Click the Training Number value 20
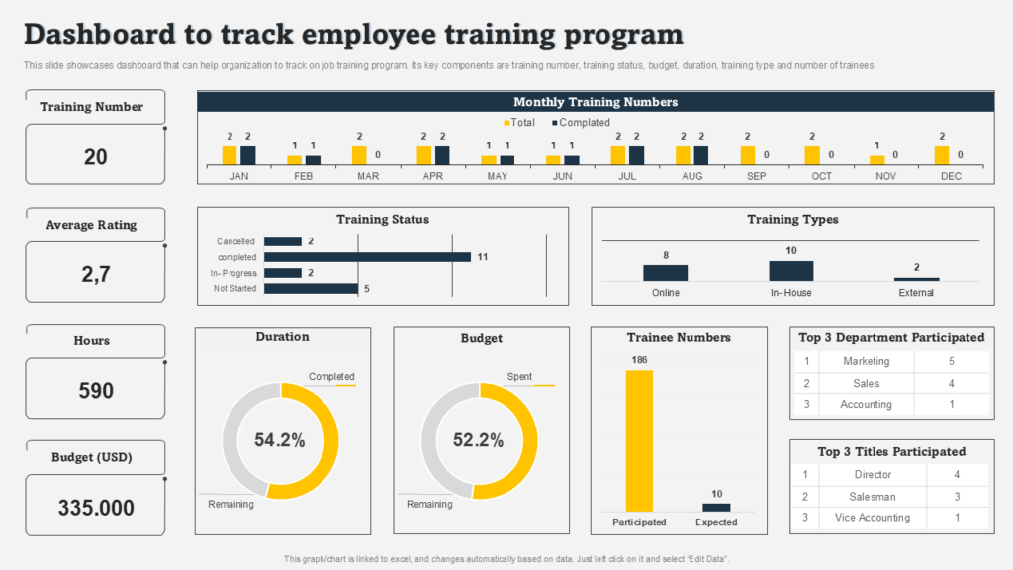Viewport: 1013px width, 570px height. click(x=95, y=156)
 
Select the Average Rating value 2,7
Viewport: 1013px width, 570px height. click(x=95, y=274)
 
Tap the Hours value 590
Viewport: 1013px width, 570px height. click(x=95, y=390)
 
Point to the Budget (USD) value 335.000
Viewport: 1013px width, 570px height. click(x=95, y=508)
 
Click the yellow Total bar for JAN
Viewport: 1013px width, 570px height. click(x=230, y=154)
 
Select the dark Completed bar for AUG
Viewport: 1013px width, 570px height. click(x=700, y=154)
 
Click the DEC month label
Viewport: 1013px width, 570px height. click(x=951, y=176)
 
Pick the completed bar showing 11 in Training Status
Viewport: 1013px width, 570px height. click(x=367, y=257)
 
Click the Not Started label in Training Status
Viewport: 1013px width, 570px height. click(x=235, y=289)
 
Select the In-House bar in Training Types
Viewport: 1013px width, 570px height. click(x=790, y=271)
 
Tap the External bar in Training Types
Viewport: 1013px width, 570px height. click(x=916, y=279)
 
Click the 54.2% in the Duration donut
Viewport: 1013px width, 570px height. click(x=280, y=441)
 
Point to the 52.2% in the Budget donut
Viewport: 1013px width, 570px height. click(x=479, y=441)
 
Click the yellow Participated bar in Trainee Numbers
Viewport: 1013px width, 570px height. click(x=639, y=440)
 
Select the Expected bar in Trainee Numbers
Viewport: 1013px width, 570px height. click(x=716, y=507)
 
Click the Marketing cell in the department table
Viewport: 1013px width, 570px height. click(x=866, y=362)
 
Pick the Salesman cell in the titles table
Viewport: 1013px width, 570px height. click(x=872, y=497)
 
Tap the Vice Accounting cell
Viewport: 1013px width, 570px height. click(x=872, y=518)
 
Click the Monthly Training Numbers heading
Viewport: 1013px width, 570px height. click(x=596, y=102)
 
